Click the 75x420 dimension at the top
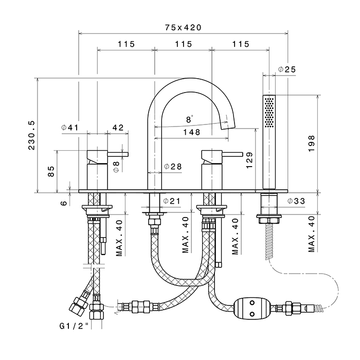pyautogui.click(x=183, y=27)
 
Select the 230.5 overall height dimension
pyautogui.click(x=32, y=135)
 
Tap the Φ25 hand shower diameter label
pyautogui.click(x=286, y=69)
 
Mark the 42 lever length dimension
pyautogui.click(x=118, y=128)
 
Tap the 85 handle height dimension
pyautogui.click(x=51, y=171)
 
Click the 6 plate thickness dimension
pyautogui.click(x=63, y=203)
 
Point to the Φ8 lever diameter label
pyautogui.click(x=116, y=166)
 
